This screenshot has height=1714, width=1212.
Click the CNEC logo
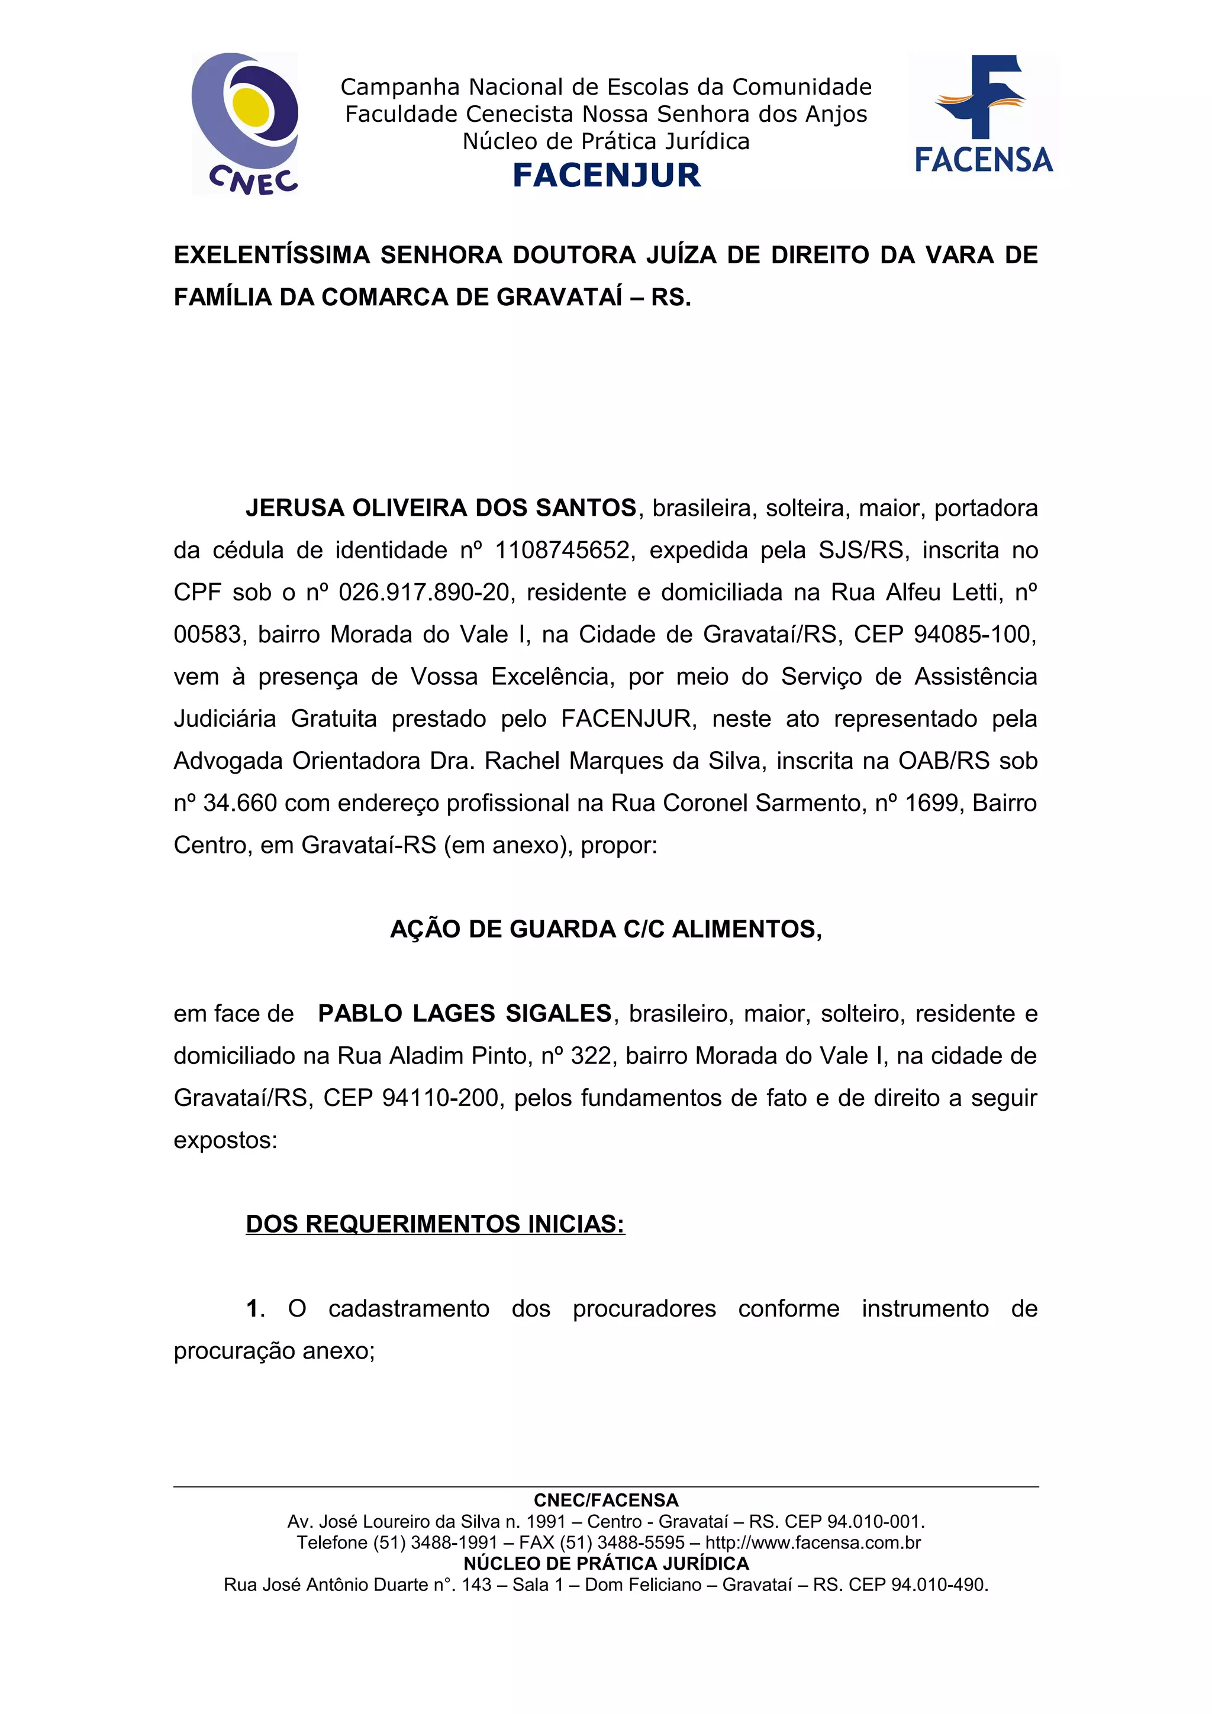245,123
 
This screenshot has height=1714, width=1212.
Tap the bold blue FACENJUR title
607,176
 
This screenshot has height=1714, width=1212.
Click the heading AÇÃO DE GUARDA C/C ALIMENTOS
605,929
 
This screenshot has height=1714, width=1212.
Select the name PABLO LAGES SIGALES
465,1014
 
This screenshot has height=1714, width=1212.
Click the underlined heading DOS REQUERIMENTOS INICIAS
434,1224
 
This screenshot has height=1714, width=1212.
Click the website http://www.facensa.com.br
813,1543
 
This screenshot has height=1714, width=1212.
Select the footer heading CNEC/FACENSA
605,1500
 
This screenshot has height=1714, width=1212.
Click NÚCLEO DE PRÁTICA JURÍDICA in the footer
605,1564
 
